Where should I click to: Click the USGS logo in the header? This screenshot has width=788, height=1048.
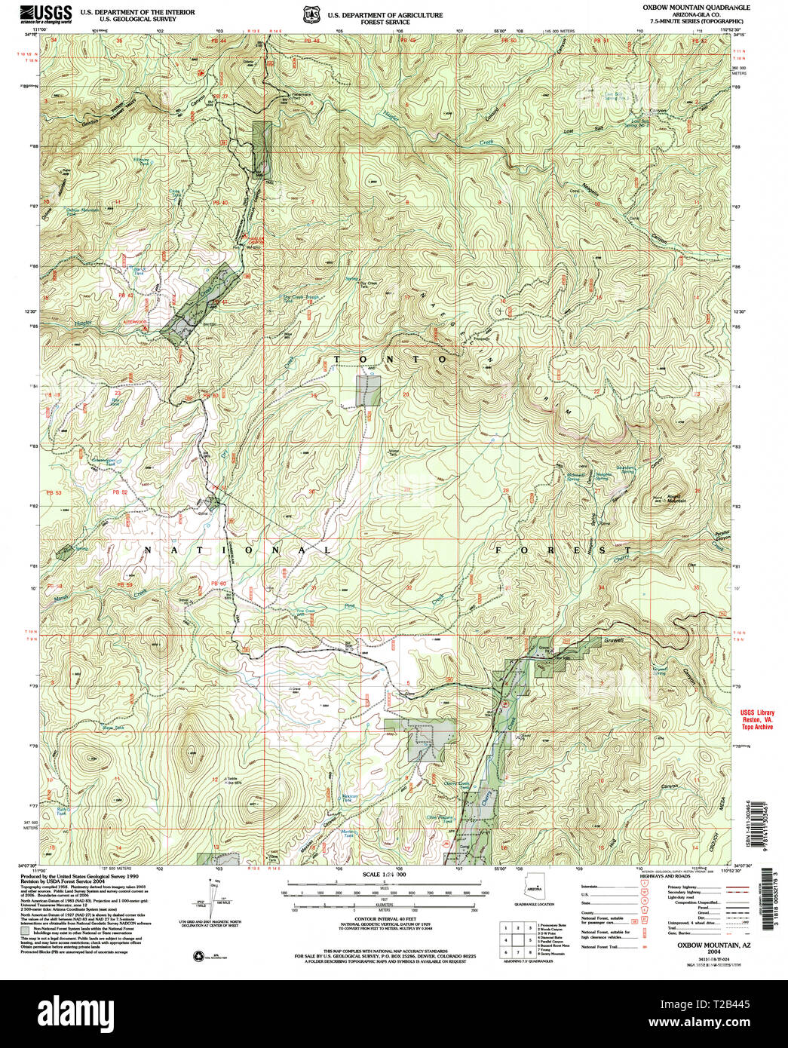point(47,13)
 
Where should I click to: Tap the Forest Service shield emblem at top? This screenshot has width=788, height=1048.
point(308,14)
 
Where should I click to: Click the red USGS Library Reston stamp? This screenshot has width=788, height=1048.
point(757,719)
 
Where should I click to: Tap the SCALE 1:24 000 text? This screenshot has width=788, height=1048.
point(385,875)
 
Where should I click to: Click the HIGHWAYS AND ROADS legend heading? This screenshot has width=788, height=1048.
point(663,876)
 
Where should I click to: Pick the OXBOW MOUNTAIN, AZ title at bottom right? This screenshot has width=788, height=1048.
point(703,944)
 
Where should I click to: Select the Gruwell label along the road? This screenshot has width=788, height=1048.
point(613,640)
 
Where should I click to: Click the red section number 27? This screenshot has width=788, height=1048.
point(598,491)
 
